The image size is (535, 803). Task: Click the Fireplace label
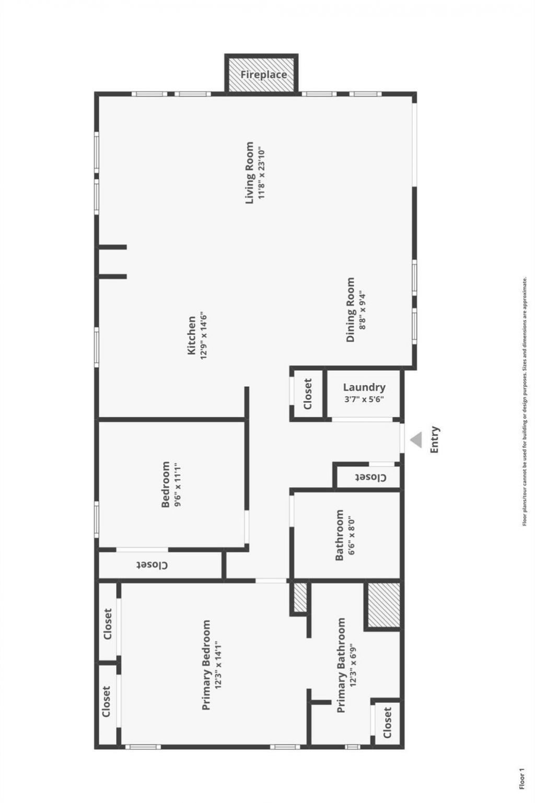coord(263,75)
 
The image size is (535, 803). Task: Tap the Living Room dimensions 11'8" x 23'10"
coord(262,173)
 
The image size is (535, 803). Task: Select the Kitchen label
coord(192,335)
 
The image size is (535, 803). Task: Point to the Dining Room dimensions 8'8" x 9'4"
coord(362,310)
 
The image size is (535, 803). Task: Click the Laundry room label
coord(364,387)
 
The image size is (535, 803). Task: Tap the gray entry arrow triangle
coord(416,440)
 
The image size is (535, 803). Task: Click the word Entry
coord(435,440)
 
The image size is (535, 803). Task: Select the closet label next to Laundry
coord(308,394)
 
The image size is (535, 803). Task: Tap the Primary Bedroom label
coord(206,665)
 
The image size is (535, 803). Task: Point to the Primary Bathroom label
coord(341,665)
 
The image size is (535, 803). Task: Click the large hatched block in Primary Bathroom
coord(384,605)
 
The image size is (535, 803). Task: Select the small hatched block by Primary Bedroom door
coord(300,597)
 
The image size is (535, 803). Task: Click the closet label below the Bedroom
coord(153,565)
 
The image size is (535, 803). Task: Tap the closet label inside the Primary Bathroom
coord(387,723)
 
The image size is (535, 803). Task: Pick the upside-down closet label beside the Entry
coord(370,478)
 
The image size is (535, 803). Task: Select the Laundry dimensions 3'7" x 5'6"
coord(364,399)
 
